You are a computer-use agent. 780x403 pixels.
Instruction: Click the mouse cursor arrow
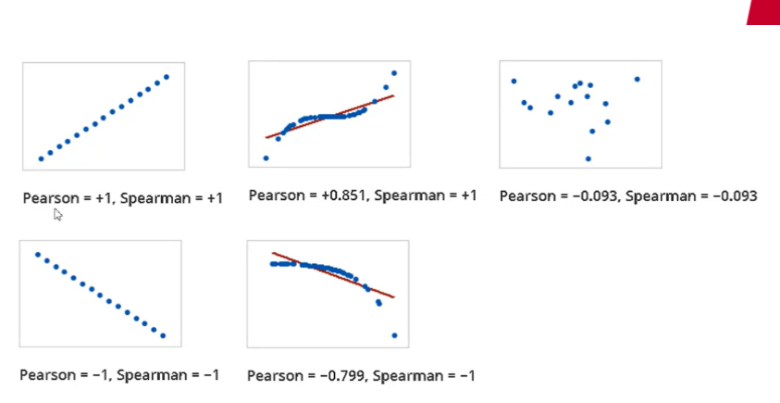57,214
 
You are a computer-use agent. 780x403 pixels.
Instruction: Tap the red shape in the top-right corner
766,11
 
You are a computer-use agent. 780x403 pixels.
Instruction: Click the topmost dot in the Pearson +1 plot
167,77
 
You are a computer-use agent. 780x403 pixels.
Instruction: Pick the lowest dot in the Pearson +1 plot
41,158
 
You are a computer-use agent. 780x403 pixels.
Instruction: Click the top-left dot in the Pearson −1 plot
37,254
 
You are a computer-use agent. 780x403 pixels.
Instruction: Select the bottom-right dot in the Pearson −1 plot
163,335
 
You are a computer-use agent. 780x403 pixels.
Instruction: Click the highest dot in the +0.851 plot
394,73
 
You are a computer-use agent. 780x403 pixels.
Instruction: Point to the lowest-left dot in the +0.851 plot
266,158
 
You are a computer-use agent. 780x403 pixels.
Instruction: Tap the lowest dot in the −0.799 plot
395,335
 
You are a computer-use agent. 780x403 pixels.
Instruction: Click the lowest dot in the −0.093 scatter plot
588,158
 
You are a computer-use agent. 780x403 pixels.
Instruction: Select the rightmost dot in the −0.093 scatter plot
638,79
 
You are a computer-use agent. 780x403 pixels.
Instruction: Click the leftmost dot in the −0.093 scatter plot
514,81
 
